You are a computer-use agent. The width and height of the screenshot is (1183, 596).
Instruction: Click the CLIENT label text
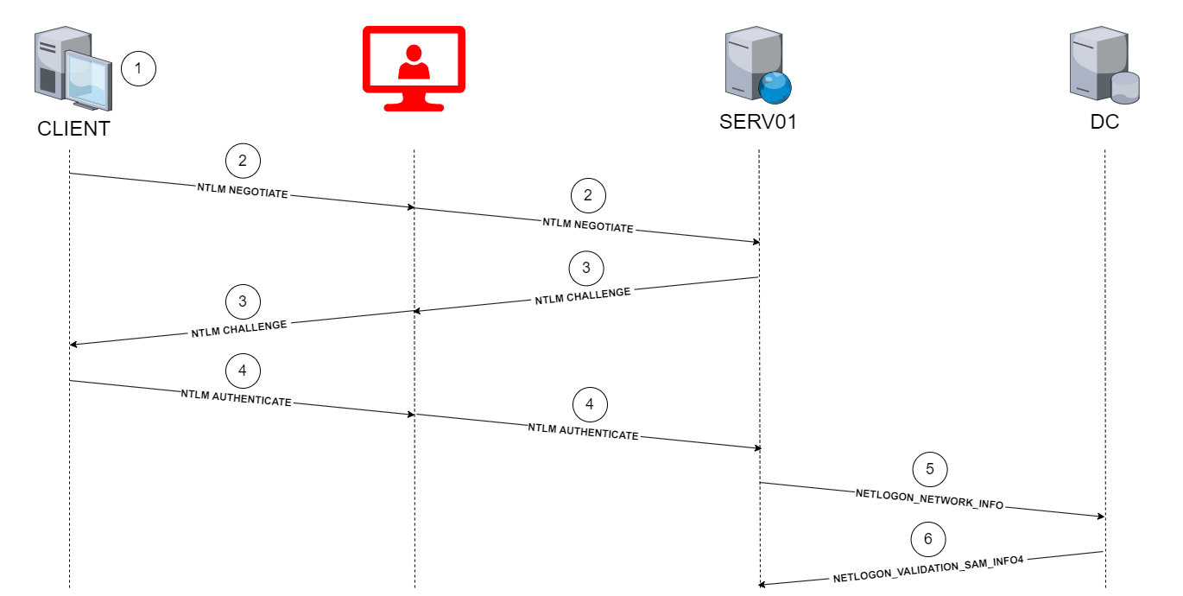[x=73, y=129]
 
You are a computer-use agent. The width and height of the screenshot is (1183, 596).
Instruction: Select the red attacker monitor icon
[x=413, y=69]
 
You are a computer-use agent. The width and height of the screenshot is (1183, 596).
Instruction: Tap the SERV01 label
[x=757, y=122]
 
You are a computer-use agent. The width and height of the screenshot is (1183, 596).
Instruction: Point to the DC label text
[x=1104, y=122]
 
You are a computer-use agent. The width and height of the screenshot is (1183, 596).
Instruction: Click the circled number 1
[x=138, y=69]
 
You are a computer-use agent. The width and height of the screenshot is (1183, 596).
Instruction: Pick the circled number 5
[x=930, y=469]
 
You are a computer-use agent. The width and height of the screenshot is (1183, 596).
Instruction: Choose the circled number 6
[x=928, y=539]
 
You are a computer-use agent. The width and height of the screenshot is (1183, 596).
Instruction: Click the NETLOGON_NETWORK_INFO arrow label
[x=929, y=499]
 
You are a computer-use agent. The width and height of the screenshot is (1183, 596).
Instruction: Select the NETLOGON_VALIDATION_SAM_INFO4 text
[x=928, y=569]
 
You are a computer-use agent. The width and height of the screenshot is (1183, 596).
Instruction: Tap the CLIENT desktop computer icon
[x=73, y=69]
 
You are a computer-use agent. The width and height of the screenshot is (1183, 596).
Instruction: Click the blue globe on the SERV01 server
[x=775, y=87]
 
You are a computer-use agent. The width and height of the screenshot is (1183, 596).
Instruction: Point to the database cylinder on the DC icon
[x=1125, y=86]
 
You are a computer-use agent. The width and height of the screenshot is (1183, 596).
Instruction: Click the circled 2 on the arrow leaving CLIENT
[x=243, y=160]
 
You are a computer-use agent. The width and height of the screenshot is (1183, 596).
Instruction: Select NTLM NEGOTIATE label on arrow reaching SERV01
[x=587, y=225]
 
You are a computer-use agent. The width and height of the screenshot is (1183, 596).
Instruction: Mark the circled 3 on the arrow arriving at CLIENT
[x=243, y=301]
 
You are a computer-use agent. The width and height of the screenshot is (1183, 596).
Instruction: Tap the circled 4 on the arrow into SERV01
[x=590, y=403]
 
